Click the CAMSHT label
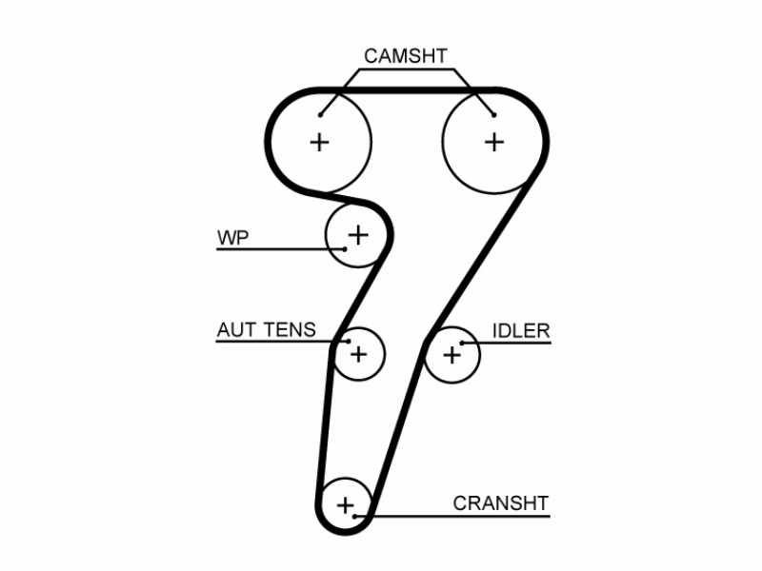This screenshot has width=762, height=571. tap(406, 56)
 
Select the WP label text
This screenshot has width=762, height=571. tap(232, 238)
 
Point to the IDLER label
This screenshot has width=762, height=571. tap(521, 331)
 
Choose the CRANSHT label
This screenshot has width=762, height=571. tap(501, 503)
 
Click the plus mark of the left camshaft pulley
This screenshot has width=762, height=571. tap(319, 142)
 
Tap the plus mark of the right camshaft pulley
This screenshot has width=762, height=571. tap(494, 142)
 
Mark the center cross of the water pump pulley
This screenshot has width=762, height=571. tap(358, 235)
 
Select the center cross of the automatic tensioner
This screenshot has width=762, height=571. tap(359, 354)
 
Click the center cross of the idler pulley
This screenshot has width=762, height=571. tap(451, 355)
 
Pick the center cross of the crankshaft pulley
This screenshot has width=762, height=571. tap(345, 505)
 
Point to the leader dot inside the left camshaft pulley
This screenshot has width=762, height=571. tap(320, 115)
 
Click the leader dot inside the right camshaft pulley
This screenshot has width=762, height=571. tap(493, 115)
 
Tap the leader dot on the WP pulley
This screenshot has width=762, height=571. tap(345, 249)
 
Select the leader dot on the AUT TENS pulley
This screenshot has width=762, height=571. tap(349, 342)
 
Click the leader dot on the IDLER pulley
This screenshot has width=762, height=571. tap(462, 343)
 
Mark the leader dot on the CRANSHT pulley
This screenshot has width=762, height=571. tap(354, 516)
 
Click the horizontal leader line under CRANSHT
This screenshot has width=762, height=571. tap(452, 516)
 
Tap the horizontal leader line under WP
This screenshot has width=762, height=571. tap(280, 249)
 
